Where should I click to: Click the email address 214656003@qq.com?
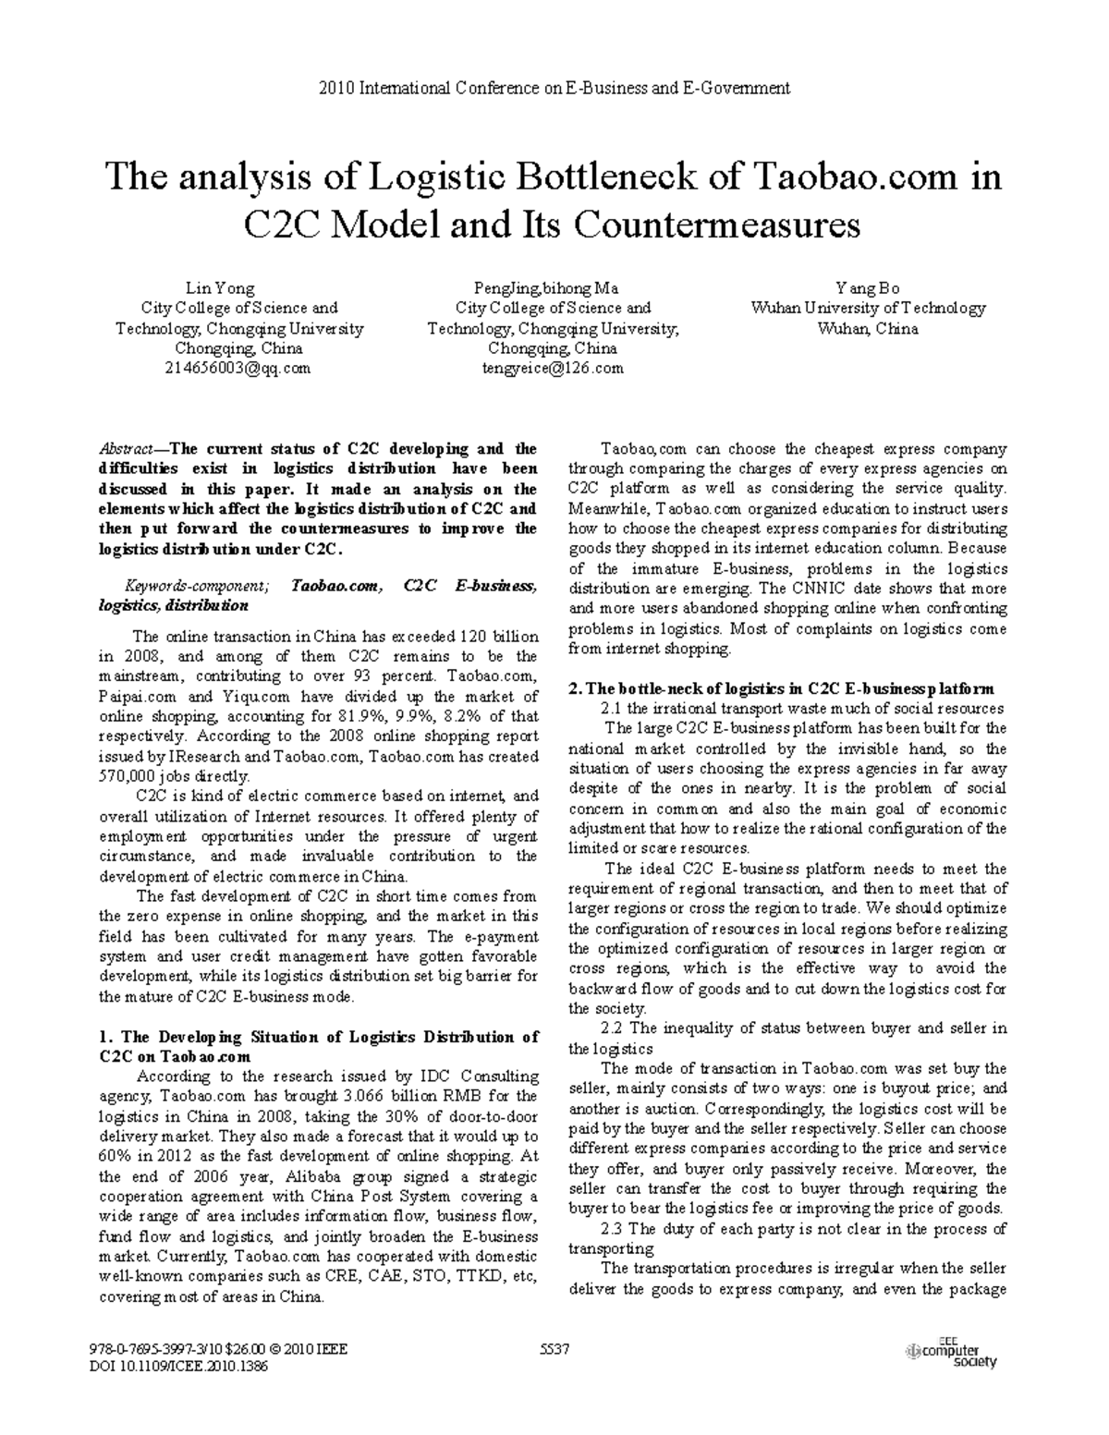tap(238, 368)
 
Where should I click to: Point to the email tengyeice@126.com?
tap(553, 368)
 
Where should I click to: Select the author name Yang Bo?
tap(868, 288)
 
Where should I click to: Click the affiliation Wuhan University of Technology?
tap(868, 309)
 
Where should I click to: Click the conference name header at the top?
tap(554, 88)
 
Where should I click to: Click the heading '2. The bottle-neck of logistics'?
tap(781, 688)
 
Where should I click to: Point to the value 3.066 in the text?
tap(362, 1096)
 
